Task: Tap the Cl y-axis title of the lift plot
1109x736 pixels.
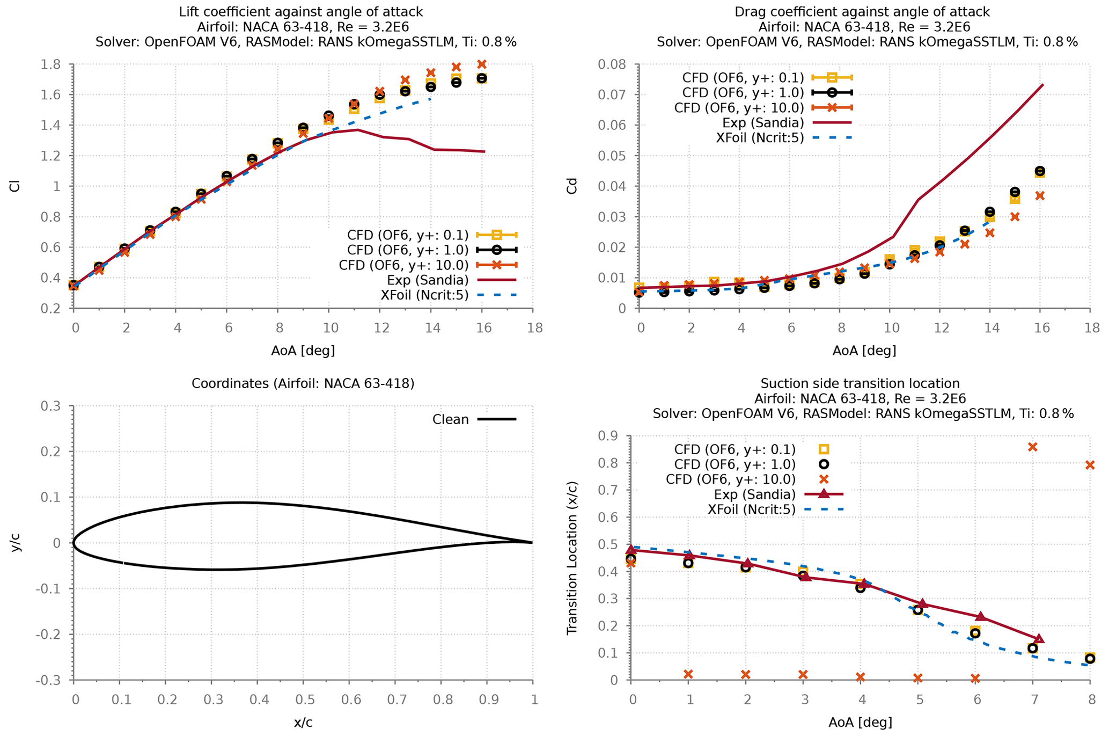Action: pos(15,186)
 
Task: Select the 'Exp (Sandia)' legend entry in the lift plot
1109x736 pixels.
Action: pos(428,280)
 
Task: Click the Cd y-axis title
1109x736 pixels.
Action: pos(572,186)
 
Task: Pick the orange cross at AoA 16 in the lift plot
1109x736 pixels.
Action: pos(482,64)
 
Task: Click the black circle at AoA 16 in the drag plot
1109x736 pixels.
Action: pos(1040,171)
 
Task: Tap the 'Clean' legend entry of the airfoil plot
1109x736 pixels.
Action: pos(451,420)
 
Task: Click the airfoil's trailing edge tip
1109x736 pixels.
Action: pos(532,543)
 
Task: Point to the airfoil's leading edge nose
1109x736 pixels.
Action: pos(74,543)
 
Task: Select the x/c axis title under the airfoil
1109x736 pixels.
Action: pos(303,723)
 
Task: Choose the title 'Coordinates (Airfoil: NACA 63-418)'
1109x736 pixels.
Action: pos(303,383)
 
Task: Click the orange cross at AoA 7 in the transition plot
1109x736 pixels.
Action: pos(1032,447)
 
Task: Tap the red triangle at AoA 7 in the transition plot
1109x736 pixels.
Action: pos(1039,639)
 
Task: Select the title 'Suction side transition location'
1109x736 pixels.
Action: pos(860,383)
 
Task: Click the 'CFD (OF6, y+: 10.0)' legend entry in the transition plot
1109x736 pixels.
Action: pos(730,479)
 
